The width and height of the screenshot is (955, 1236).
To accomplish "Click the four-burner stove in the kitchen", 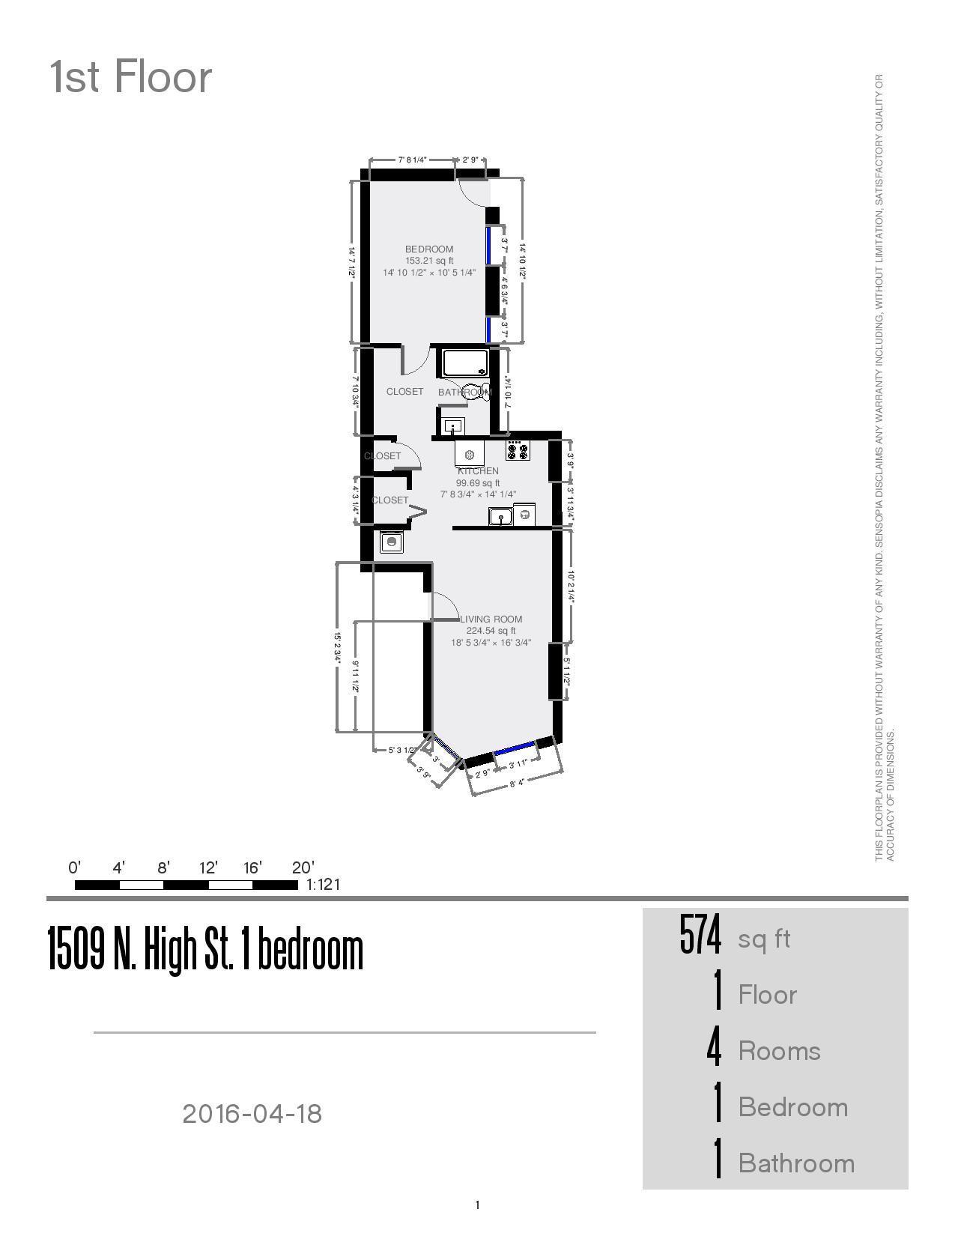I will pos(518,451).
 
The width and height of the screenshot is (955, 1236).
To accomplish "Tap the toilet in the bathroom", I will pos(475,392).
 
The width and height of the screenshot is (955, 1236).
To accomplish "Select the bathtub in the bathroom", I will pos(465,363).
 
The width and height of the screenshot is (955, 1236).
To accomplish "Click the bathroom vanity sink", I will pos(452,427).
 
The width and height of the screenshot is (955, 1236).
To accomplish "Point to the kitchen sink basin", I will pos(500,516).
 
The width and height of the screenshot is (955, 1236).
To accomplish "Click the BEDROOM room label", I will pos(429,249).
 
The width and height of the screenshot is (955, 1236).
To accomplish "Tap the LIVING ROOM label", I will pos(491,619).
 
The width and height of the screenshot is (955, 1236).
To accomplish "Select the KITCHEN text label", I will pos(479,471).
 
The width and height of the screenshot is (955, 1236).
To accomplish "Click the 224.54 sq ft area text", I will pos(491,631).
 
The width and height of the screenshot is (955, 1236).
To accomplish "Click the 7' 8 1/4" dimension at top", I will pos(412,160).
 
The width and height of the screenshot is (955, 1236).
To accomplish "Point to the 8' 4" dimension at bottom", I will pos(516,783).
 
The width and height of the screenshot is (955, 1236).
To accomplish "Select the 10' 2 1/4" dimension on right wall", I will pos(571,587).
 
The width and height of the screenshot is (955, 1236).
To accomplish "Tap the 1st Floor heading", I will pos(131,77).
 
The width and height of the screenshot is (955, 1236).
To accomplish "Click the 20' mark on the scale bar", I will pos(303,868).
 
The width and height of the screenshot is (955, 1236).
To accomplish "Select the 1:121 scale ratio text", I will pos(324,885).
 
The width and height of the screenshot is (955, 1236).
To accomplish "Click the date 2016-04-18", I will pos(252,1114).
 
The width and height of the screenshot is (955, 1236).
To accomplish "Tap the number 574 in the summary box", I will pos(700,936).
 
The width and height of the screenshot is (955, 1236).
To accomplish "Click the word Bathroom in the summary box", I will pos(796,1163).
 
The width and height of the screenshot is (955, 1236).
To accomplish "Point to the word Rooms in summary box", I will pos(779,1051).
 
